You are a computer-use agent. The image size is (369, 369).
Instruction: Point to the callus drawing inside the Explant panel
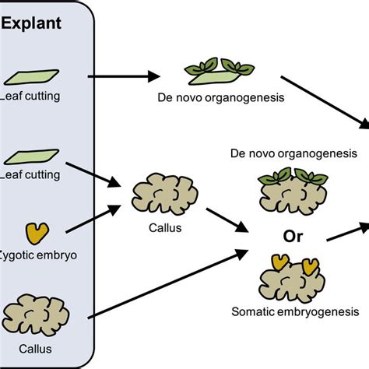tap(33, 315)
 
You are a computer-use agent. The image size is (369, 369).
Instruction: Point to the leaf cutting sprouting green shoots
tap(211, 72)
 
